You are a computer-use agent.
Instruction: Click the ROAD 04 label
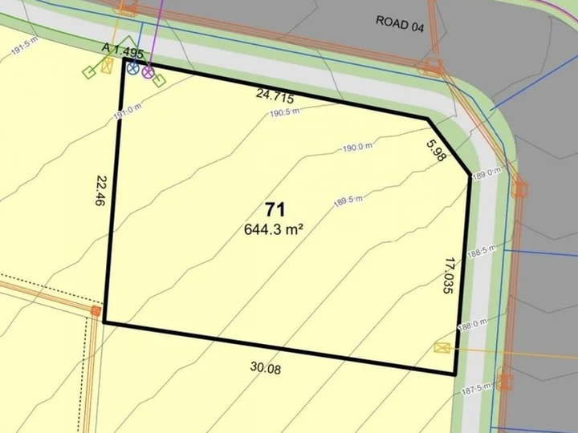point(400,22)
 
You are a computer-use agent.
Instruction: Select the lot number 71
point(275,211)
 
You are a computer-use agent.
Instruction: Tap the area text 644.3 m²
point(273,229)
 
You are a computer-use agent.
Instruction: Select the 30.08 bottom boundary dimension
point(266,368)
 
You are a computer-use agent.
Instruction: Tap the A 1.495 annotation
point(123,51)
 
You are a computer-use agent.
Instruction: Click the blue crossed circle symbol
point(132,68)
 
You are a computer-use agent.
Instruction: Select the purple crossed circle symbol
point(148,72)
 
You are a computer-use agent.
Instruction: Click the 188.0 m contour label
point(472,323)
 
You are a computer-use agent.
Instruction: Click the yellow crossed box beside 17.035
point(442,347)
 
